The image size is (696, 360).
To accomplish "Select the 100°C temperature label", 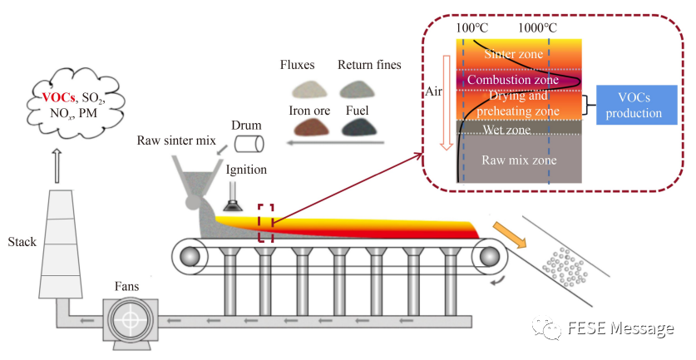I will [471, 27].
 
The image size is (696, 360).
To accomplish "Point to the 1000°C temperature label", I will [538, 27].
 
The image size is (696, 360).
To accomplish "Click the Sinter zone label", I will [512, 54].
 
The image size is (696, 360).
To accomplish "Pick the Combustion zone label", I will [512, 80].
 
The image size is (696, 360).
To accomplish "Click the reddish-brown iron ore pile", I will [309, 126].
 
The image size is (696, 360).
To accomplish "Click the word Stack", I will [22, 242].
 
